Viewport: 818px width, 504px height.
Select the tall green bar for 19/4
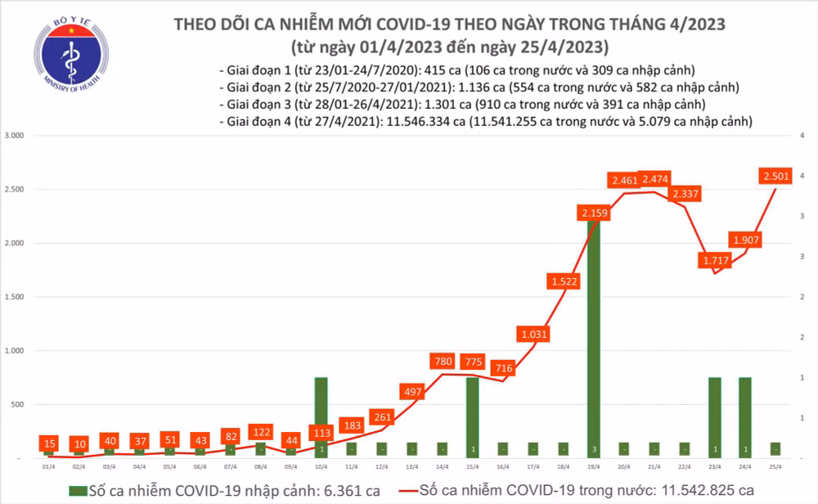tap(593, 335)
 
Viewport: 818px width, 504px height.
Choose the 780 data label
tap(441, 361)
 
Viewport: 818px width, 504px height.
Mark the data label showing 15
tap(50, 442)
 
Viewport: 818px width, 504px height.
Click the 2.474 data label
tap(658, 178)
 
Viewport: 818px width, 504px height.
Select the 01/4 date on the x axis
tap(48, 466)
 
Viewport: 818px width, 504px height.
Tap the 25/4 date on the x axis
tap(774, 466)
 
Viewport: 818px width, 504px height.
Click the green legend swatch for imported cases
tap(79, 490)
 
